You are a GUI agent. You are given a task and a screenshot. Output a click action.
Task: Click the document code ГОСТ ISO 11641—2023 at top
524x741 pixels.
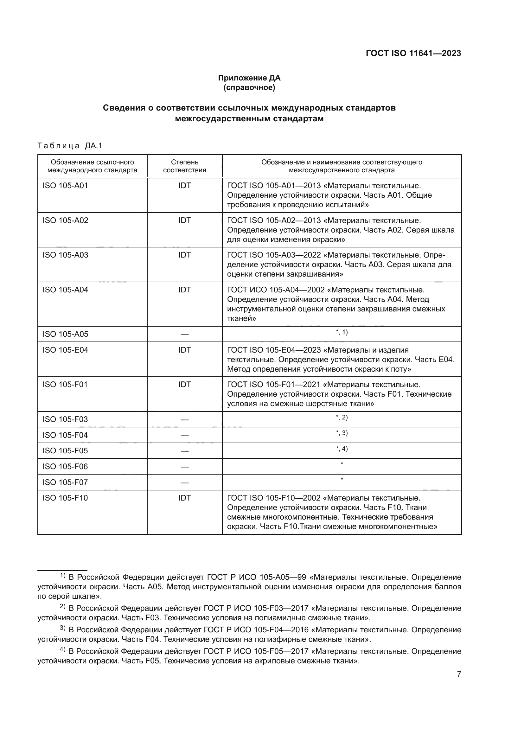413,54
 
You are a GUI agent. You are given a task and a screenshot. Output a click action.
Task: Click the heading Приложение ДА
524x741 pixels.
249,78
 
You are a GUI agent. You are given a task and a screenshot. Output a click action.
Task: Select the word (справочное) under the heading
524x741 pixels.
249,87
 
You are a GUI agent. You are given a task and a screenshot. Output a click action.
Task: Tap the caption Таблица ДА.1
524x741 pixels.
70,146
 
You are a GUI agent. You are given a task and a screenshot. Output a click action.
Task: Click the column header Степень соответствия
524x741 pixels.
185,166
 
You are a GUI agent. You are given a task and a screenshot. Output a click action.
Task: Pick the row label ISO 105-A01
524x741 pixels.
65,186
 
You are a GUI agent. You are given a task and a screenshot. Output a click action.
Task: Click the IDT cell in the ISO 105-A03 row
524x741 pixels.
185,255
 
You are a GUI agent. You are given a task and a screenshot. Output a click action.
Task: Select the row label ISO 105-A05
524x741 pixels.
65,334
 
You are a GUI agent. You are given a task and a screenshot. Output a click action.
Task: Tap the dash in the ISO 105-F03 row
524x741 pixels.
185,419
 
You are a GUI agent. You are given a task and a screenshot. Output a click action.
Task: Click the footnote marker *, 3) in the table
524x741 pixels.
342,433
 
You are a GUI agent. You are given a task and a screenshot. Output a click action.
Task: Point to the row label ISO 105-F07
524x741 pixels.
65,482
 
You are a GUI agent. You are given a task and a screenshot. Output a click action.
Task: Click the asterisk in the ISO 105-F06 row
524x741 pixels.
342,464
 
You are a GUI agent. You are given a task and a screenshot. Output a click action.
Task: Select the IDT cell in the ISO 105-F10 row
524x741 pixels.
185,498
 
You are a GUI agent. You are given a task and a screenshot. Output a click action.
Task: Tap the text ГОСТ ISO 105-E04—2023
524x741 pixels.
274,350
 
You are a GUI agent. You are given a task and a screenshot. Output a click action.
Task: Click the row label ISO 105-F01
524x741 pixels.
65,385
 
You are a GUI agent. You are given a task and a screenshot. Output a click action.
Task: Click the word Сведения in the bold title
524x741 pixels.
124,108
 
